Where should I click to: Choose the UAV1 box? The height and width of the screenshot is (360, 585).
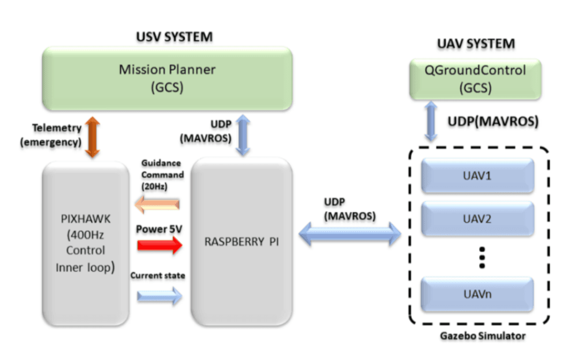point(478,176)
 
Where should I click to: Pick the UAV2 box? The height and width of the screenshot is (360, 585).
point(478,220)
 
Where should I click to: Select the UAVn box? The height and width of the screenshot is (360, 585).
point(478,294)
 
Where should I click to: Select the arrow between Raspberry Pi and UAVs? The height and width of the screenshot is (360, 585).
point(350,235)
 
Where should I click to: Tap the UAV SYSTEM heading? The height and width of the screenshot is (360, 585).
point(476,43)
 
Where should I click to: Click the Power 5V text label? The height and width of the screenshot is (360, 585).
point(159,229)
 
